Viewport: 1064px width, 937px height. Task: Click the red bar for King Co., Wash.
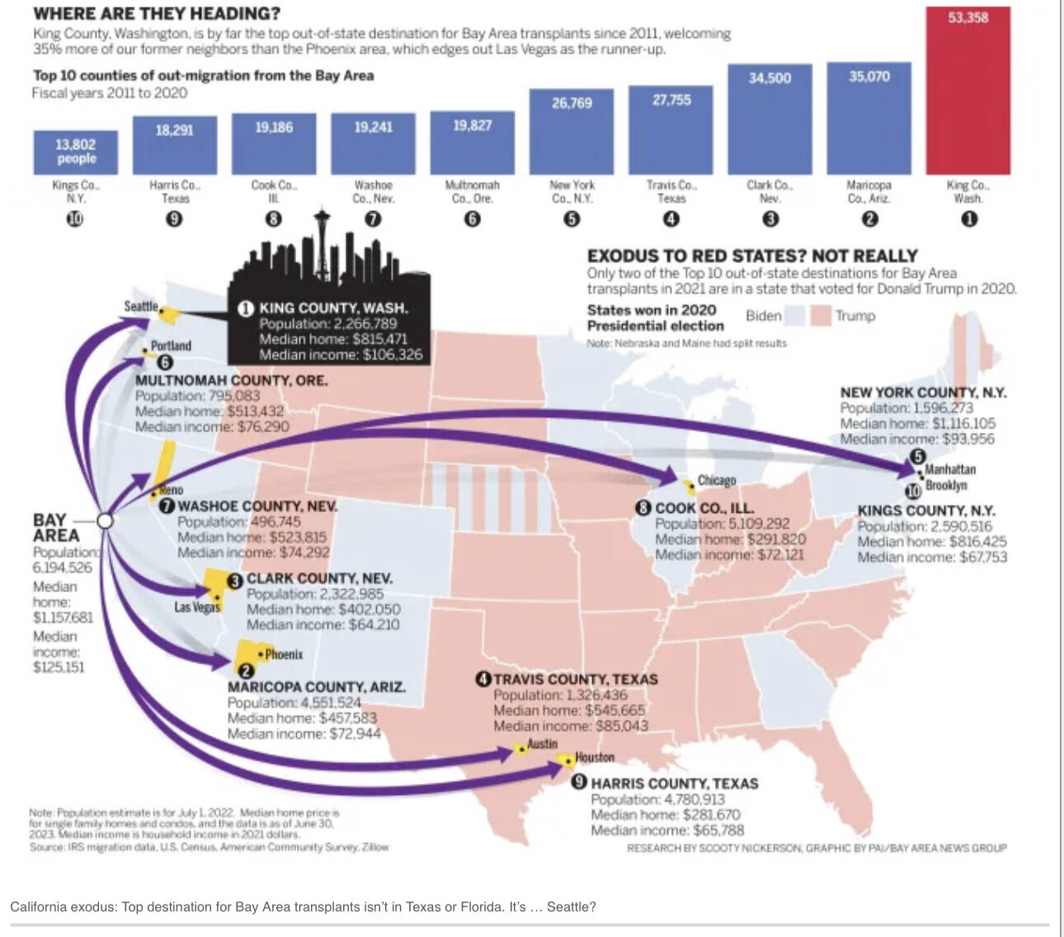coord(967,91)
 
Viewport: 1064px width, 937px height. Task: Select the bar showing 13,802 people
coord(76,152)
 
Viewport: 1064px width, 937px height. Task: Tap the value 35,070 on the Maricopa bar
coord(869,77)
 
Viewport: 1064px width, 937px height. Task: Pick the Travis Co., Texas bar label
coord(671,191)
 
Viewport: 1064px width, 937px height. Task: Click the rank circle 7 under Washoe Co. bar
coord(373,219)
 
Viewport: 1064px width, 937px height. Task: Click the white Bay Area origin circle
coord(105,521)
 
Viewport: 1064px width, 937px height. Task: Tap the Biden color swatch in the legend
coord(794,316)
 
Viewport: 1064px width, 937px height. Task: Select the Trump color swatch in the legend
coord(821,316)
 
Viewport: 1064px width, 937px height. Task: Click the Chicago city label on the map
coord(716,480)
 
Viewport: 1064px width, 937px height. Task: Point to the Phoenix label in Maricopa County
coord(284,654)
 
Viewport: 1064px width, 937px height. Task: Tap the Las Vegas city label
coord(197,607)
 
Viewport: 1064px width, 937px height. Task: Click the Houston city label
coord(595,757)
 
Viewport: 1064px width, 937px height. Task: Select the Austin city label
coord(542,743)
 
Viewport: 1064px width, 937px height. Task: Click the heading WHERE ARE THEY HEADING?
coord(157,14)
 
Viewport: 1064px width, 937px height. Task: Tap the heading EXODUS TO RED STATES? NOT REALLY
coord(752,256)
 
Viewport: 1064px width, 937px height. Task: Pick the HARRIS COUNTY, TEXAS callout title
coord(675,784)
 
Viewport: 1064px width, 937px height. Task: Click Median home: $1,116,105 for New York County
coord(917,423)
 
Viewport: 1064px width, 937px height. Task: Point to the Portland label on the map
coord(171,346)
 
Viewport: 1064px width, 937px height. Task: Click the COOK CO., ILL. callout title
coord(704,508)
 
